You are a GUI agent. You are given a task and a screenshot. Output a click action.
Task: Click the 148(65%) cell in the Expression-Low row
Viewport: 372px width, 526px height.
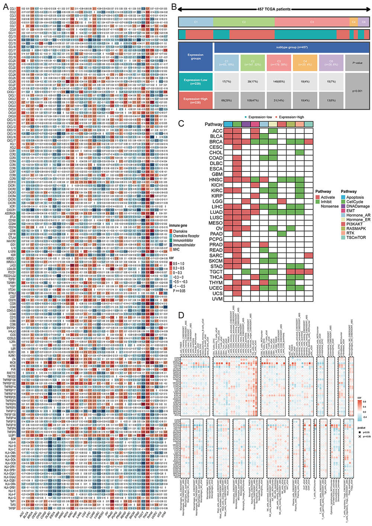[279, 81]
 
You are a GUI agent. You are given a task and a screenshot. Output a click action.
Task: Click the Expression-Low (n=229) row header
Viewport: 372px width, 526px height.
[195, 81]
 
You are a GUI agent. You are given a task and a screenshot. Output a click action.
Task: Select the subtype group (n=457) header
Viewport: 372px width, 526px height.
[292, 47]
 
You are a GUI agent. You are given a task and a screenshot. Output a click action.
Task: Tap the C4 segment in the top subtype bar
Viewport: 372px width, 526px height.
[353, 22]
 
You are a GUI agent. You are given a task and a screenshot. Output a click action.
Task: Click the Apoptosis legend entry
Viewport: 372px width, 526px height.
[355, 197]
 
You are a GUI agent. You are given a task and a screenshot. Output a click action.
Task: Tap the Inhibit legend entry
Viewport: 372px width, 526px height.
[326, 202]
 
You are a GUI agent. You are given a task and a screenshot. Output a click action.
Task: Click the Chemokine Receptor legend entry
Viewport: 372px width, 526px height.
[186, 236]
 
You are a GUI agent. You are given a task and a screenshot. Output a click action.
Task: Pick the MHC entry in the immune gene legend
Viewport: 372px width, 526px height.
[176, 249]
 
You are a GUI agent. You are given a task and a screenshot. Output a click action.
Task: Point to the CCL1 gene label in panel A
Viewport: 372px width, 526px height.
[12, 8]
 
